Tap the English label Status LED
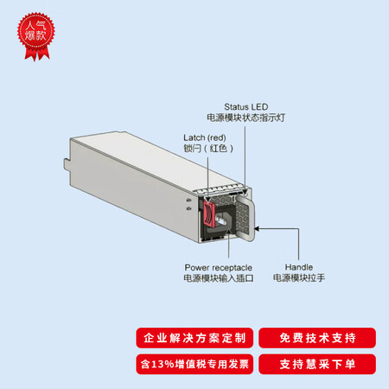[246, 107]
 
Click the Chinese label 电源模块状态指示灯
[246, 118]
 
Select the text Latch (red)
[205, 137]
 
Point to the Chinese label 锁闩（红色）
[208, 149]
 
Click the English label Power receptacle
[218, 268]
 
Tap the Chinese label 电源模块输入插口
[219, 278]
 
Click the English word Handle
[299, 267]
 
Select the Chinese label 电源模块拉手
[299, 277]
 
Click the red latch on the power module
[209, 213]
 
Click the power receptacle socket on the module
[222, 221]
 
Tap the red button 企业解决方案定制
[194, 338]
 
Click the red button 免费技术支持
[317, 338]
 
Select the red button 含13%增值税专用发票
[194, 364]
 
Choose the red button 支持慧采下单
[317, 364]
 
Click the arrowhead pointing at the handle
[257, 229]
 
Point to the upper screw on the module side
[188, 200]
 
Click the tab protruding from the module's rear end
[67, 167]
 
